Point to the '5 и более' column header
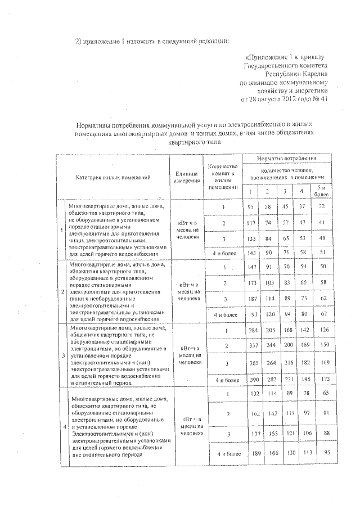click(321, 191)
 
